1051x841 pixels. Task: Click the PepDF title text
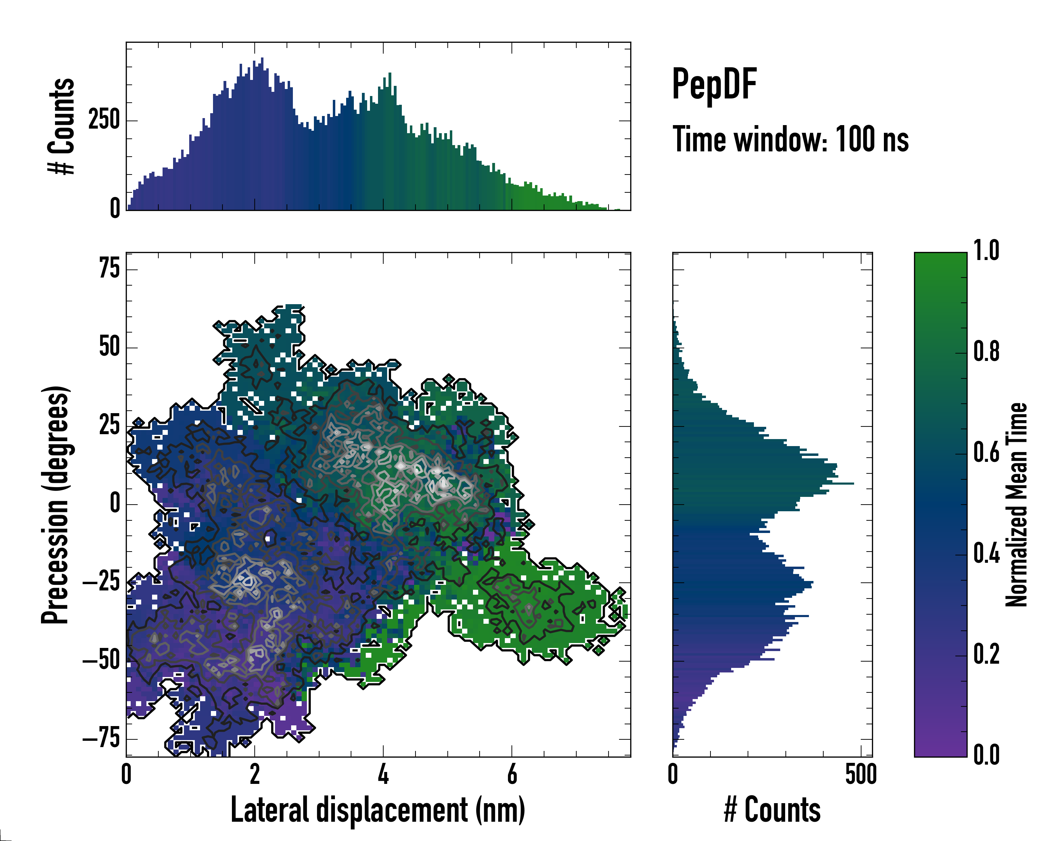[714, 84]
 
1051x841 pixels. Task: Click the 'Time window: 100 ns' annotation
[790, 139]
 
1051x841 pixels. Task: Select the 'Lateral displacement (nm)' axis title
[378, 810]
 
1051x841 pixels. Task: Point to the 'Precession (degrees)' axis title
[55, 504]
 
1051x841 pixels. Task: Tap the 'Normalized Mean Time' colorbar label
[1016, 504]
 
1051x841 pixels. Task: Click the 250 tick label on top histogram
[104, 120]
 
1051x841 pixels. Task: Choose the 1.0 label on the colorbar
[986, 251]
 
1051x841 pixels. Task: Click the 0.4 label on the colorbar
[986, 554]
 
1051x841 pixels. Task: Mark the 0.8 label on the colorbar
[986, 352]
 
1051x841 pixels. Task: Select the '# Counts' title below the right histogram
[772, 810]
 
